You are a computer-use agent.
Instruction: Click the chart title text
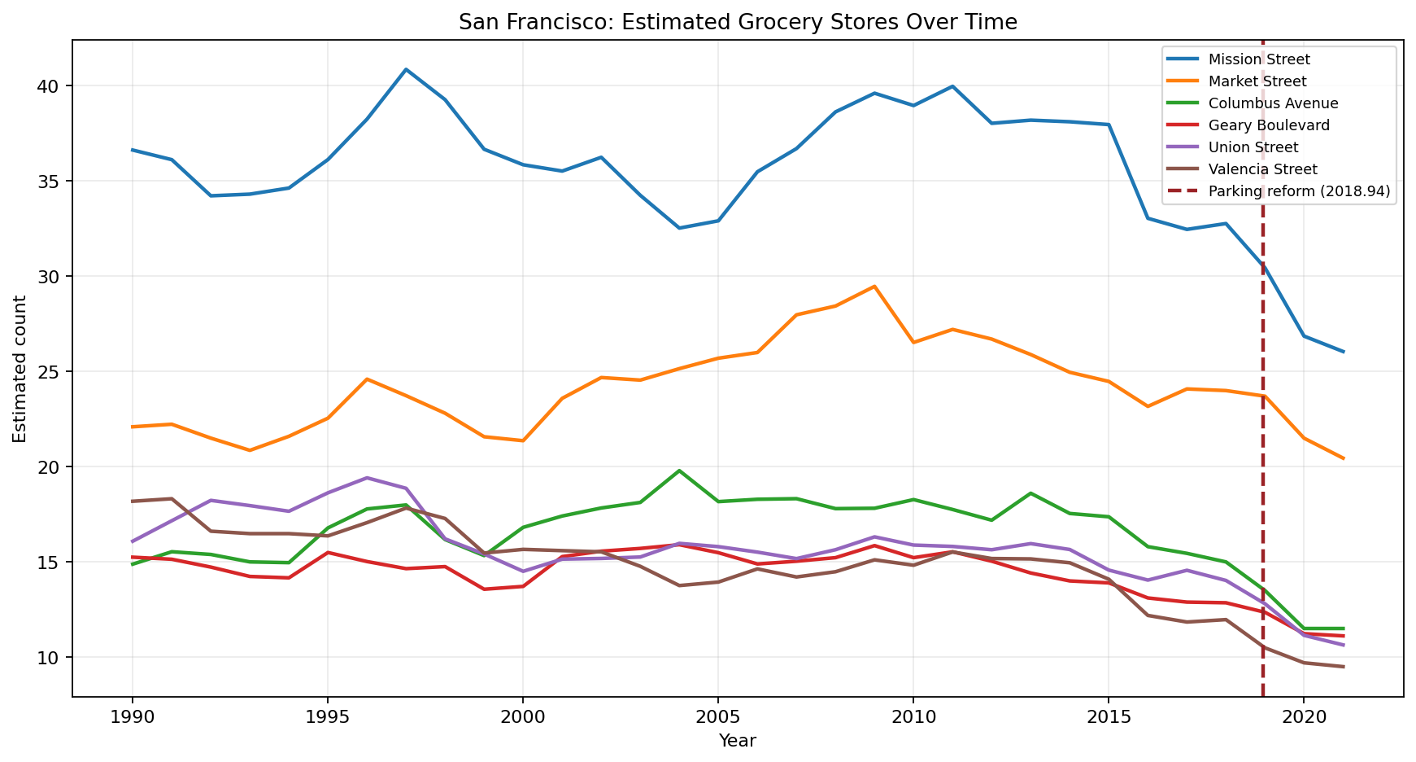pos(737,22)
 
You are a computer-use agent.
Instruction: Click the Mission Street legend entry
pos(1258,59)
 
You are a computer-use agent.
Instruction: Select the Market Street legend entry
pos(1257,81)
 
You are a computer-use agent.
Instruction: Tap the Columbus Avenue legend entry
pos(1272,103)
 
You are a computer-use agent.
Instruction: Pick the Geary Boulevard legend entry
pos(1269,125)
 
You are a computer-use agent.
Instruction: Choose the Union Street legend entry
pos(1253,147)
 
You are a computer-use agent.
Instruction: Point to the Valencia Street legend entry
pos(1261,169)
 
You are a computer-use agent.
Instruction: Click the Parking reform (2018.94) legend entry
pos(1298,191)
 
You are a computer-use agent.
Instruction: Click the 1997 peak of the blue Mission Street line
pos(406,69)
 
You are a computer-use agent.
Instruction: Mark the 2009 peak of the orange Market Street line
pos(874,286)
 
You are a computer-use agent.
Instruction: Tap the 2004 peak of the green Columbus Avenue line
pos(679,471)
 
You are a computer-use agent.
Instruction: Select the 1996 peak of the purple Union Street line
pos(367,478)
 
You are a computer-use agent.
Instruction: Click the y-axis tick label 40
pos(51,86)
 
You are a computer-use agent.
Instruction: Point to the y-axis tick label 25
pos(51,372)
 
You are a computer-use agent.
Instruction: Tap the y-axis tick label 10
pos(51,658)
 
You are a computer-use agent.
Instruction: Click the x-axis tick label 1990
pos(132,716)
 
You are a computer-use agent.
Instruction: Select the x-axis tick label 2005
pos(717,716)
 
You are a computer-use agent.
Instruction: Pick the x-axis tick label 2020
pos(1303,716)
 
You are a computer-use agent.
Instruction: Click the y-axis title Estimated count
pos(20,368)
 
